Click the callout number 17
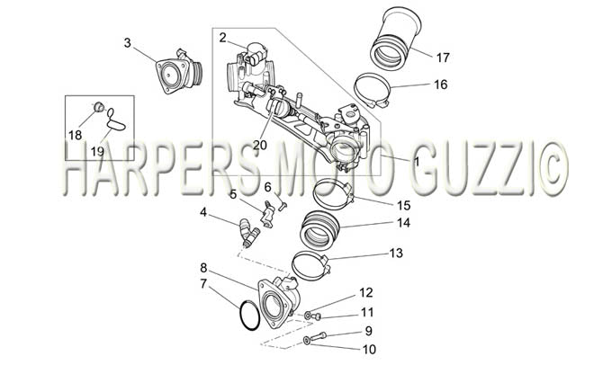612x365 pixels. [x=443, y=58]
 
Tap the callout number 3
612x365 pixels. [x=127, y=42]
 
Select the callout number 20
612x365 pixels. [x=259, y=145]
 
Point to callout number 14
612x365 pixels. [x=403, y=223]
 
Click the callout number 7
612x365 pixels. [x=203, y=283]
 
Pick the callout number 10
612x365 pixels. [x=368, y=349]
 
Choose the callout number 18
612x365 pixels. [x=75, y=136]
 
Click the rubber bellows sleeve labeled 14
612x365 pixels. [x=320, y=230]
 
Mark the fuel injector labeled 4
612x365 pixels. [x=249, y=233]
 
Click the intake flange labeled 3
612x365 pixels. [x=179, y=72]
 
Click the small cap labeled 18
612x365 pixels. [x=99, y=106]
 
